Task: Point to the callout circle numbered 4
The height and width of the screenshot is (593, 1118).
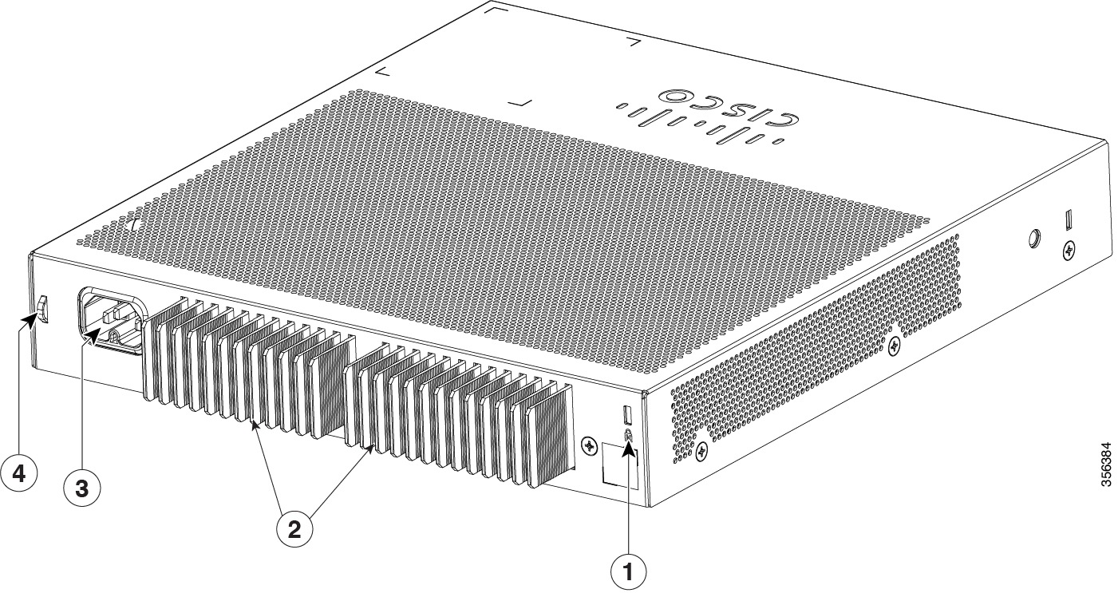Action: (x=18, y=473)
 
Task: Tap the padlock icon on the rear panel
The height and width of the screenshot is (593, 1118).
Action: (x=627, y=436)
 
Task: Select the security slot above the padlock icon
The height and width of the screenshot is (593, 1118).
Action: (x=626, y=415)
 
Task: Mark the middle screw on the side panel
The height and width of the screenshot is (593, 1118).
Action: (x=895, y=346)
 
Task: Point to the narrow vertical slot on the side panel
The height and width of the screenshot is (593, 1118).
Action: (x=1069, y=219)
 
